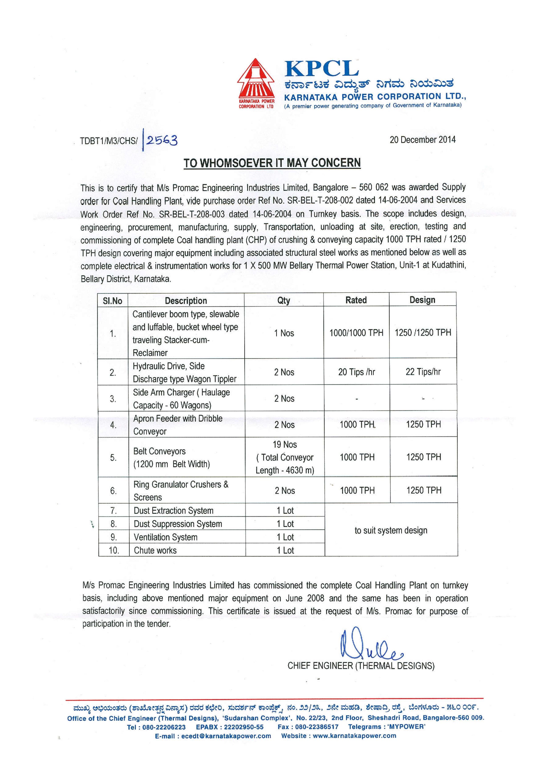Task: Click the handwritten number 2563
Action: click(x=162, y=140)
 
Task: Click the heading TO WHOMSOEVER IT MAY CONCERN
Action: click(x=272, y=163)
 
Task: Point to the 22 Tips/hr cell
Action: click(x=423, y=372)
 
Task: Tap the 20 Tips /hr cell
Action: click(x=356, y=372)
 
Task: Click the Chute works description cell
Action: click(x=155, y=550)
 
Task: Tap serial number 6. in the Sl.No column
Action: click(x=113, y=490)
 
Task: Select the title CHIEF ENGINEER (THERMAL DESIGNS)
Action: click(x=361, y=666)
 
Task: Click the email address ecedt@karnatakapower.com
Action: click(x=226, y=736)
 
